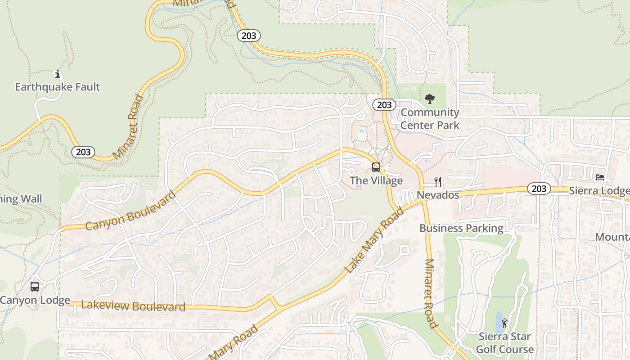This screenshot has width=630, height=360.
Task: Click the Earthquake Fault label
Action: (x=58, y=87)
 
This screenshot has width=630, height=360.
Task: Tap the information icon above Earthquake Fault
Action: (x=57, y=74)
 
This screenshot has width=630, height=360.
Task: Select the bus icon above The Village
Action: (x=376, y=168)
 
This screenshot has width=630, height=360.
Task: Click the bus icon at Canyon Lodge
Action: (x=35, y=286)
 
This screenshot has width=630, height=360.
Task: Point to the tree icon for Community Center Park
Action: (x=430, y=99)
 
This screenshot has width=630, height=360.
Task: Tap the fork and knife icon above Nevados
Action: (x=438, y=181)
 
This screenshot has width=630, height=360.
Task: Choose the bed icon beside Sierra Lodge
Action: (x=600, y=177)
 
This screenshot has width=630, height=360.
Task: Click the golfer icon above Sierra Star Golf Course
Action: (x=504, y=323)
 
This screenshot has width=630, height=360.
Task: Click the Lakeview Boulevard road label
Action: (x=133, y=306)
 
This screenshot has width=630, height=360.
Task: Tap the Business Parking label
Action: (x=461, y=228)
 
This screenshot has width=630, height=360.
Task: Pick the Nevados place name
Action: (x=438, y=195)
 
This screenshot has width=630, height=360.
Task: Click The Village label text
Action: (x=376, y=181)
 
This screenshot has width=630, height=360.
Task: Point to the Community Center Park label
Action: (x=430, y=119)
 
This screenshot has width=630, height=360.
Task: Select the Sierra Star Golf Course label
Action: (x=504, y=343)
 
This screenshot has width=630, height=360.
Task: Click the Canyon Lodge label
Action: (x=35, y=300)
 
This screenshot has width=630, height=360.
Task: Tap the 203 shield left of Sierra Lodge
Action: (x=539, y=189)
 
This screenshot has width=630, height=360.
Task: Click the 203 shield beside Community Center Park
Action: (x=384, y=105)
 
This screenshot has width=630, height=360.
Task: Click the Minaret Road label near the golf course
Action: (x=431, y=293)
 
